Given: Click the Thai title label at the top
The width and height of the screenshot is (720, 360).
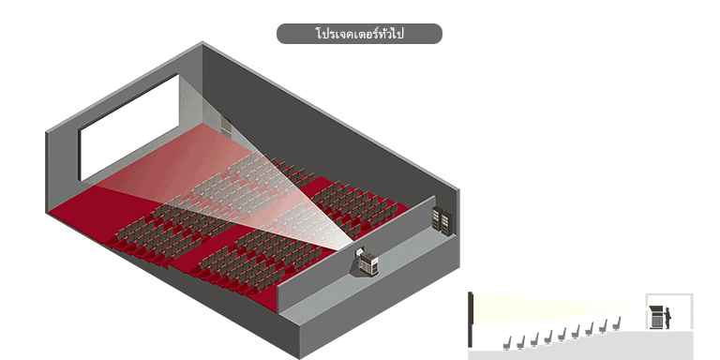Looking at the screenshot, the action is pyautogui.click(x=359, y=34).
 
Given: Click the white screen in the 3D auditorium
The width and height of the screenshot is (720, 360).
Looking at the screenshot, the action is pyautogui.click(x=129, y=127).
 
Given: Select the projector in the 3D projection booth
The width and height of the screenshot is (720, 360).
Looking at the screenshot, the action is pyautogui.click(x=369, y=265).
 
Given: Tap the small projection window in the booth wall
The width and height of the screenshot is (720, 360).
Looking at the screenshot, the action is pyautogui.click(x=359, y=253).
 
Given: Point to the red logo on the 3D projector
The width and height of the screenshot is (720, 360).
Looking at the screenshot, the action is pyautogui.click(x=375, y=262).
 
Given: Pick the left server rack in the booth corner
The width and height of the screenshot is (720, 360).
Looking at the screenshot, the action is pyautogui.click(x=437, y=218).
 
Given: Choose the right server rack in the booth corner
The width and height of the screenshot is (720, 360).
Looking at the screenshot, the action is pyautogui.click(x=446, y=224).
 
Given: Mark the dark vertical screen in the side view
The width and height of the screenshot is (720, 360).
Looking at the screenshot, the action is pyautogui.click(x=471, y=319).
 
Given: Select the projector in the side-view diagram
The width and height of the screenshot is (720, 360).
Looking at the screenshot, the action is pyautogui.click(x=656, y=317).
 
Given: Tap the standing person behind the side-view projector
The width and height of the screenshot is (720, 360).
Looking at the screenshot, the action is pyautogui.click(x=667, y=318).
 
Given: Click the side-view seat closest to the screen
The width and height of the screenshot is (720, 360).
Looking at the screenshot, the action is pyautogui.click(x=507, y=343).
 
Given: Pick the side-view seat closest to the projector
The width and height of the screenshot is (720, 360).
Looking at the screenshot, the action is pyautogui.click(x=617, y=323).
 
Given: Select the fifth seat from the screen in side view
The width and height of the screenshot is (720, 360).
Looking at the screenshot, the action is pyautogui.click(x=562, y=334).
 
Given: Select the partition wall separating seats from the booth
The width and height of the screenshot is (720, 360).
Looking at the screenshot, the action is pyautogui.click(x=356, y=254).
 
